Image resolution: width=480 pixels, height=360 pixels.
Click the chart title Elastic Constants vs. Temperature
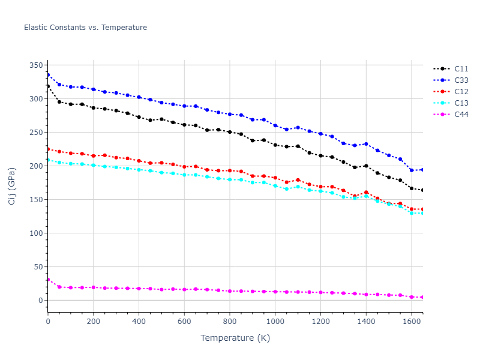[x=85, y=28]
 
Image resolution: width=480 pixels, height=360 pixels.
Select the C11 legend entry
[x=461, y=69]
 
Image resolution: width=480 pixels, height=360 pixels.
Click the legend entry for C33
[x=461, y=80]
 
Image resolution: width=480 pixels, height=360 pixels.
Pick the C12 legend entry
[x=461, y=92]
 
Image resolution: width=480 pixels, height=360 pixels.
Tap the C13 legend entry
[x=461, y=103]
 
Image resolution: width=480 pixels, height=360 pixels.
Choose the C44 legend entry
[x=461, y=115]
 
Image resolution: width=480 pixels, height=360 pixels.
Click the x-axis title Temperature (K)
[x=235, y=338]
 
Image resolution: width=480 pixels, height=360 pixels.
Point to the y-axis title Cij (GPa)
[x=12, y=186]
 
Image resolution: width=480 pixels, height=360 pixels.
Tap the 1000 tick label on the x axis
[x=275, y=322]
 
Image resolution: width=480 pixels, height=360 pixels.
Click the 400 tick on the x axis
[x=139, y=322]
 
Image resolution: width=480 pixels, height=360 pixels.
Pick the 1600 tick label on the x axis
[x=412, y=322]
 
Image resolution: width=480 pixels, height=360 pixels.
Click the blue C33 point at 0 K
[x=48, y=75]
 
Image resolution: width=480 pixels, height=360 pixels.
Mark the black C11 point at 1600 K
[x=412, y=188]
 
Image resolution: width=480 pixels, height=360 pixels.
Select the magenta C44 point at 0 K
[x=48, y=280]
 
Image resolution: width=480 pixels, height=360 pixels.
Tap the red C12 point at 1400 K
[x=366, y=193]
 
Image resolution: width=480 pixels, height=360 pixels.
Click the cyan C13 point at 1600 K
[x=412, y=213]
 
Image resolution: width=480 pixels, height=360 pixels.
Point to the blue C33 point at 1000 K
[x=275, y=125]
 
